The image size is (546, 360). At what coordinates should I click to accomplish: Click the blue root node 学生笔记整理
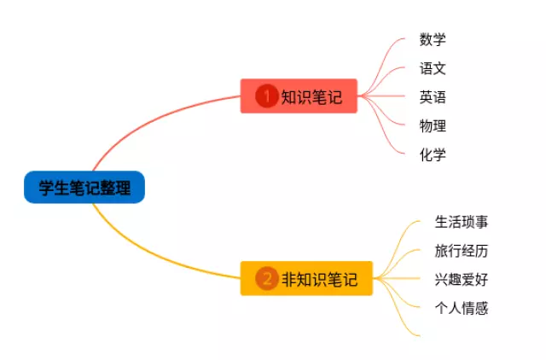coord(84,188)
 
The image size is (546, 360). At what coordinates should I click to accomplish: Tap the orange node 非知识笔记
coord(306,278)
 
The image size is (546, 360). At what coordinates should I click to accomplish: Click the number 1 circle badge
coord(267,96)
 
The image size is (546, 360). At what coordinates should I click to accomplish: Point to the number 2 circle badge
coord(267,278)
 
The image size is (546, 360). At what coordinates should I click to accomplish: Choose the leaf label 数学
coord(433,39)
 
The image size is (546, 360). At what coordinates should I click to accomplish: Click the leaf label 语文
coord(433,68)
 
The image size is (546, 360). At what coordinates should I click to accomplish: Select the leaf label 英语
coord(433,97)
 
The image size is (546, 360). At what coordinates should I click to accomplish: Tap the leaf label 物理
coord(433,126)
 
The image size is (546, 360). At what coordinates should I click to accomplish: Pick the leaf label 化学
coord(433,155)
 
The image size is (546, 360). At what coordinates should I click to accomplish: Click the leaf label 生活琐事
coord(462,222)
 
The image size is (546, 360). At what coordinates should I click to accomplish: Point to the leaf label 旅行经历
coord(462,251)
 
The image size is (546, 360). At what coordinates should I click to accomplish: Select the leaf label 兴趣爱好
coord(462,280)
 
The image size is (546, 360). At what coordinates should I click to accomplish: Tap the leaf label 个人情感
coord(462,309)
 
